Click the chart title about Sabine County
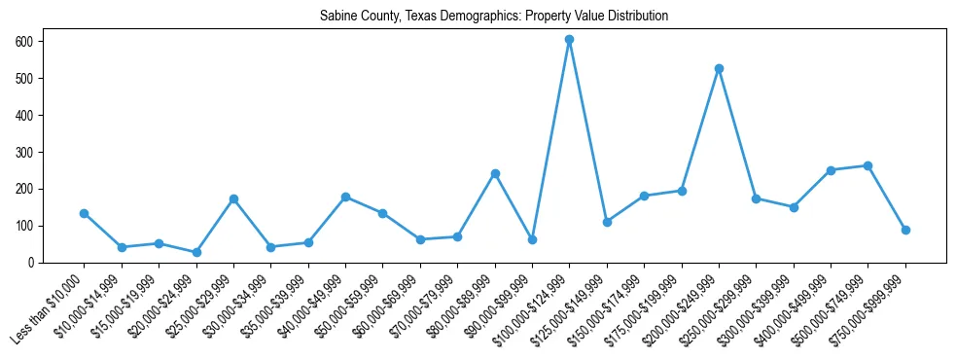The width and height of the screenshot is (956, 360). [x=494, y=17]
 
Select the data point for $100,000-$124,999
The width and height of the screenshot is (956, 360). [x=569, y=40]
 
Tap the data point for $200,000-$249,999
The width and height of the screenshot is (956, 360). [x=719, y=69]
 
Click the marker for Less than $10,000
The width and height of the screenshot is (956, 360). [x=84, y=213]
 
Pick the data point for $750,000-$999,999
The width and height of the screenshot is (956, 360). [x=905, y=230]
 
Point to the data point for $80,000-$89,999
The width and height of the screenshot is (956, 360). [x=495, y=173]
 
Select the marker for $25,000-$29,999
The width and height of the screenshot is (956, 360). [x=233, y=198]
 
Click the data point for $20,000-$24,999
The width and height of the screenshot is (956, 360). [x=196, y=252]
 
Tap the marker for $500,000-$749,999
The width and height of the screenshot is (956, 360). [x=867, y=165]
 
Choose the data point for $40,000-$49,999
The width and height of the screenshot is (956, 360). [x=345, y=197]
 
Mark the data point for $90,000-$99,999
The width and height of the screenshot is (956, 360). [x=532, y=239]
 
